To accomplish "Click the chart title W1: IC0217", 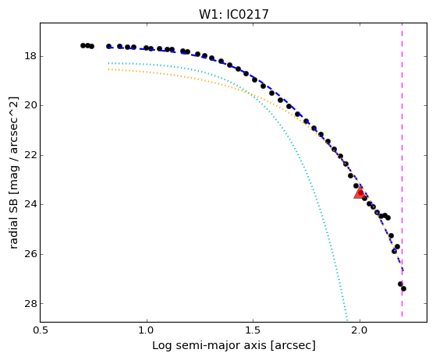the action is click(x=234, y=15).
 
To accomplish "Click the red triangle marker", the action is click(x=360, y=192).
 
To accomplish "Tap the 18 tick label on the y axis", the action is click(x=30, y=56).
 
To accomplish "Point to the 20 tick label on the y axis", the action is click(x=30, y=105).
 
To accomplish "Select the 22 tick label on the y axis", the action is click(x=30, y=155).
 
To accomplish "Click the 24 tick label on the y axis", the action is click(x=30, y=204).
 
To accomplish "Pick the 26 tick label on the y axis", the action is click(x=30, y=254).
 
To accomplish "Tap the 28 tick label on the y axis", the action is click(x=30, y=303).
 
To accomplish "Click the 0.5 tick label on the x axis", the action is click(x=41, y=330).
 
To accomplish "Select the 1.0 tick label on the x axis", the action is click(x=147, y=330).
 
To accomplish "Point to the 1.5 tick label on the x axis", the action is click(x=253, y=330).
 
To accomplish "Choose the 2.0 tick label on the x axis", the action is click(x=360, y=330).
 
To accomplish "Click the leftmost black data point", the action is click(x=83, y=45).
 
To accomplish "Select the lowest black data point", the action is click(x=403, y=289).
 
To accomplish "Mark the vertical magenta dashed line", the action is click(x=402, y=170).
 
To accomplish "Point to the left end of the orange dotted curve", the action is click(x=108, y=69).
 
